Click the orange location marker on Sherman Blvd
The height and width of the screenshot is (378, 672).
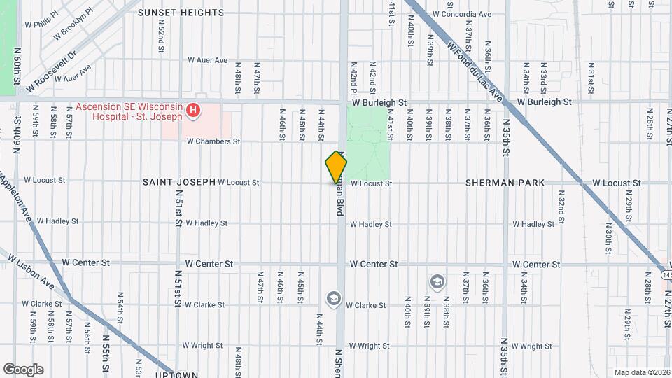(x=336, y=167)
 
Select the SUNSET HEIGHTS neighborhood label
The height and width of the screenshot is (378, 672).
(x=181, y=13)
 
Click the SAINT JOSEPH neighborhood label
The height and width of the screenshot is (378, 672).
(x=179, y=182)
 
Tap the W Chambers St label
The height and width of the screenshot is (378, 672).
(x=213, y=141)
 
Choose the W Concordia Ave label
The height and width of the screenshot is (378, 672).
(x=462, y=14)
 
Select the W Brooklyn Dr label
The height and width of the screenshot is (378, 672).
(x=77, y=30)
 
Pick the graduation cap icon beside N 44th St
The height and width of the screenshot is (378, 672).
(x=332, y=299)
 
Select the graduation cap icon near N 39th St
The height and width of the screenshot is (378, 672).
(x=437, y=281)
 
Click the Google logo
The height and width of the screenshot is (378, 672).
(x=23, y=370)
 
